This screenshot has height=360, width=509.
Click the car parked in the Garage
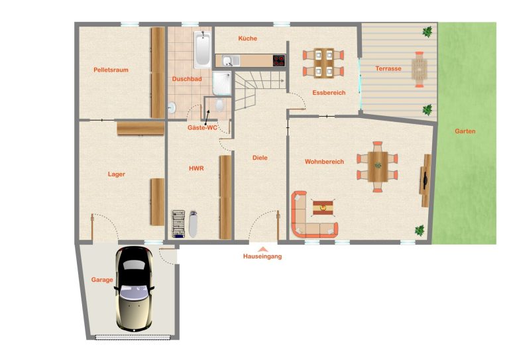pyautogui.click(x=135, y=288)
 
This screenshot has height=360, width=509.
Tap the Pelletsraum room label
pyautogui.click(x=111, y=70)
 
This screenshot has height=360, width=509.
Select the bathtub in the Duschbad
pyautogui.click(x=203, y=49)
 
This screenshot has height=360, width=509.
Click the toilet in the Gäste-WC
pyautogui.click(x=220, y=105)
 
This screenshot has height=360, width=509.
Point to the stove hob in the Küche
pyautogui.click(x=279, y=61)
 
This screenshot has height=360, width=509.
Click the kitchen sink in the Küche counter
pyautogui.click(x=231, y=61)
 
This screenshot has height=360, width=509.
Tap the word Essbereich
pyautogui.click(x=329, y=93)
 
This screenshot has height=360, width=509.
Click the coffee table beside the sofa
pyautogui.click(x=323, y=208)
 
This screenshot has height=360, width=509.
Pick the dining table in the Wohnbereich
pyautogui.click(x=378, y=167)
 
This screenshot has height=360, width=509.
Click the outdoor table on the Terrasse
pyautogui.click(x=420, y=69)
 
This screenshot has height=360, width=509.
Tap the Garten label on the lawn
pyautogui.click(x=465, y=131)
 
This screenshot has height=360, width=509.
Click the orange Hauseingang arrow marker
pyautogui.click(x=263, y=249)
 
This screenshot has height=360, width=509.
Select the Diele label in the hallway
pyautogui.click(x=260, y=158)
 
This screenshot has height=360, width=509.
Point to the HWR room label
pyautogui.click(x=196, y=168)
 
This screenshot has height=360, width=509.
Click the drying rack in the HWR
pyautogui.click(x=178, y=224)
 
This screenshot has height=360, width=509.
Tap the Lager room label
pyautogui.click(x=117, y=174)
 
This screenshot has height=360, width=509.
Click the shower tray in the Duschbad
pyautogui.click(x=222, y=84)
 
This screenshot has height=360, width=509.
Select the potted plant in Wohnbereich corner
pyautogui.click(x=420, y=230)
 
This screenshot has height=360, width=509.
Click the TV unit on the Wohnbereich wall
pyautogui.click(x=425, y=180)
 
